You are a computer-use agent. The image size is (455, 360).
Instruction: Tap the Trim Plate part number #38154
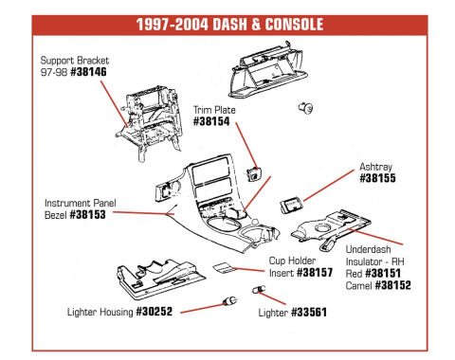[x=214, y=121]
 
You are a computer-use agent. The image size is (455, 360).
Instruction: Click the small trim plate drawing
[x=254, y=172]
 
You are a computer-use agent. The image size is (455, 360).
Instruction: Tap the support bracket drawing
[x=152, y=118]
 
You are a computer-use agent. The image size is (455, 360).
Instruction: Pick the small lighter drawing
[x=256, y=289]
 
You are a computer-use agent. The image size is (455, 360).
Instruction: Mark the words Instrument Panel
[x=81, y=203]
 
